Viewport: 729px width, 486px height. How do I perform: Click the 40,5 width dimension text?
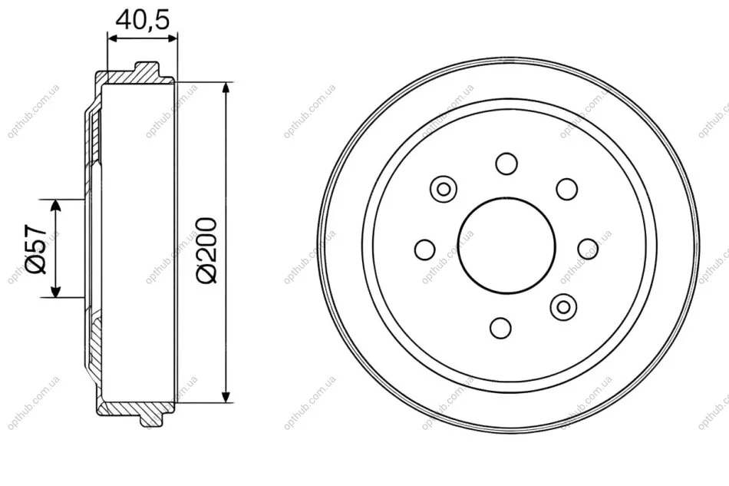click(143, 20)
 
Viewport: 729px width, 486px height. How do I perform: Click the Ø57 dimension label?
click(37, 249)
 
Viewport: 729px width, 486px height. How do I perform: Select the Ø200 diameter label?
click(206, 250)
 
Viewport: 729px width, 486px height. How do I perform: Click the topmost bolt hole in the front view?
click(506, 164)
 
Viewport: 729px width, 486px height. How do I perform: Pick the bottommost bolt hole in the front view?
click(501, 327)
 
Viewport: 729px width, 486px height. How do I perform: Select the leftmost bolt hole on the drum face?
click(425, 249)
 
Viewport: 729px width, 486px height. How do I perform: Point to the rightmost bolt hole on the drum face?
click(588, 249)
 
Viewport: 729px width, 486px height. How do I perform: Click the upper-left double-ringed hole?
click(444, 190)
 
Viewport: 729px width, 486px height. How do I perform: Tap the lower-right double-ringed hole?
click(563, 306)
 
